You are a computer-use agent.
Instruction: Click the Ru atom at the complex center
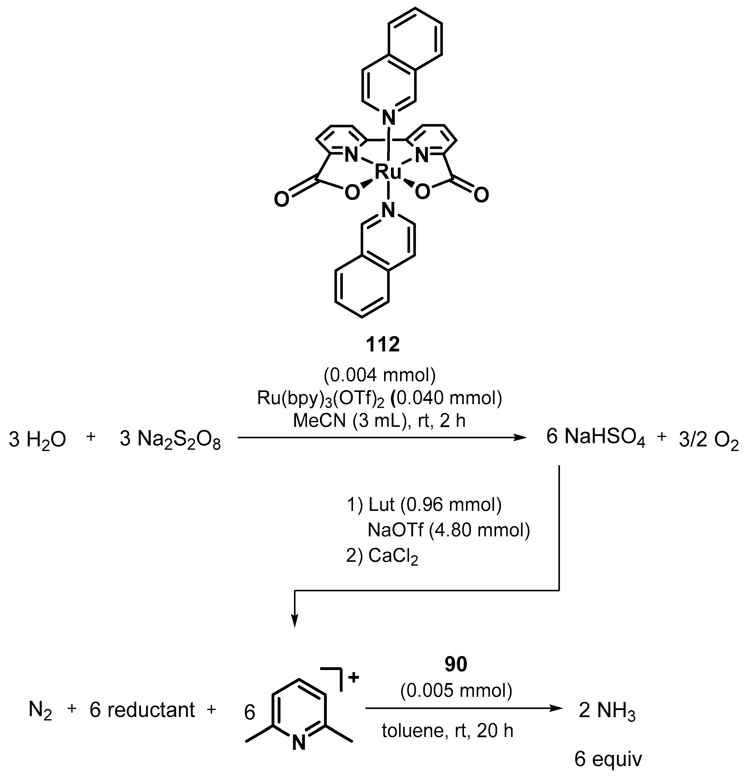tap(388, 172)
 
